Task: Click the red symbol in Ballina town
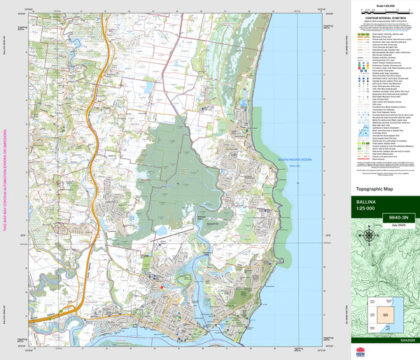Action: click(x=162, y=286)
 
